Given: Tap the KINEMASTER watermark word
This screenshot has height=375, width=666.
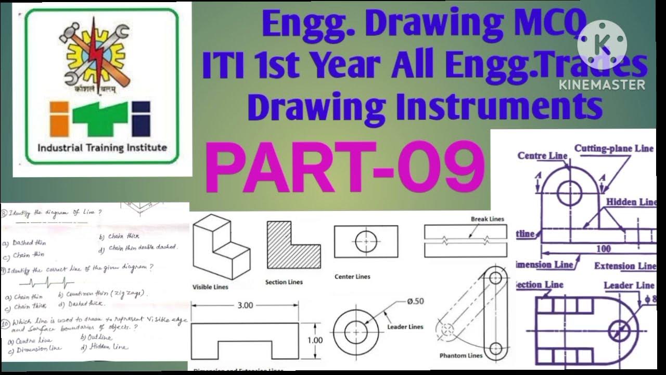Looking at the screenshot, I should click(602, 84).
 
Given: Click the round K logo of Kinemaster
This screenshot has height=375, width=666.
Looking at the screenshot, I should click(602, 45).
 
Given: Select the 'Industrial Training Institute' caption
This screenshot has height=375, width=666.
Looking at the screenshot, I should click(102, 147).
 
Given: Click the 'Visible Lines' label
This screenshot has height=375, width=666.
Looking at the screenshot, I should click(210, 287).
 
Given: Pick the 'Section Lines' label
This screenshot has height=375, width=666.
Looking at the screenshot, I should click(284, 282).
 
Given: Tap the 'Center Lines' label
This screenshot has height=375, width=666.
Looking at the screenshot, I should click(352, 277).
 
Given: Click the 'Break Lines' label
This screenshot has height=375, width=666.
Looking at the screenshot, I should click(487, 219).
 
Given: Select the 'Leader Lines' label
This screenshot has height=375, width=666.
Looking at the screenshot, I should click(405, 327).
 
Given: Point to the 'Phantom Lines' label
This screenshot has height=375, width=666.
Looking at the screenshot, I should click(460, 356).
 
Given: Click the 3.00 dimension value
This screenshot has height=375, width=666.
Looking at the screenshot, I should click(245, 305).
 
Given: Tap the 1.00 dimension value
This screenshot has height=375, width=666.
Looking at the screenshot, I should click(315, 341).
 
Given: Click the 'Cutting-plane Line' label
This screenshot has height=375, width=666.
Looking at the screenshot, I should click(613, 148).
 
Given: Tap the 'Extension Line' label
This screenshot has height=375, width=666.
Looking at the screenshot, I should click(624, 266).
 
